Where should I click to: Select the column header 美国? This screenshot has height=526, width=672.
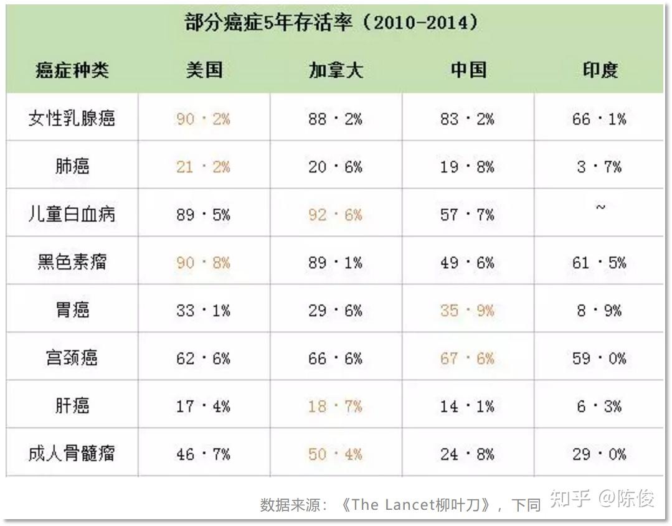coord(204,70)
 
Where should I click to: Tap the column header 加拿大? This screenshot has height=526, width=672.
coord(335,70)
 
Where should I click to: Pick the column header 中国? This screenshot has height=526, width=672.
coord(468,70)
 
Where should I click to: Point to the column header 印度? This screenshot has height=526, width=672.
coord(600,70)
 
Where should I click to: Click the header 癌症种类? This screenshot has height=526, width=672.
coord(72,70)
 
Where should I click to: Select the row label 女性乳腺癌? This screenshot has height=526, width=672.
coord(72,118)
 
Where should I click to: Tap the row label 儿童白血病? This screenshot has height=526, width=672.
coord(72,215)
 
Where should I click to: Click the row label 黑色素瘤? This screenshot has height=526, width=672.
coord(72,262)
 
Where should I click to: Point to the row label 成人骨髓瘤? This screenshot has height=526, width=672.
coord(72,454)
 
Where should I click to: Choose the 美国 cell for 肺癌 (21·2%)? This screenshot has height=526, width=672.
coord(204,167)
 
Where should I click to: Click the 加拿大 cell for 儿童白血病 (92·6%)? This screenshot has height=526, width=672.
coord(335,215)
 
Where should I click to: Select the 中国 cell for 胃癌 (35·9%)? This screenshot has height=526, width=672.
coord(468,310)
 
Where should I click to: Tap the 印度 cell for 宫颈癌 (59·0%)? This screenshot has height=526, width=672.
coord(600,359)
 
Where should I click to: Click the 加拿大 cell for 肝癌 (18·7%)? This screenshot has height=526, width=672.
coord(335,406)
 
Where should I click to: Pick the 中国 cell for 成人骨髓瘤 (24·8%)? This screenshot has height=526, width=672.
coord(468,454)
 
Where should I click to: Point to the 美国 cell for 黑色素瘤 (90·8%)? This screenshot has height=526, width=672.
coord(204,263)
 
